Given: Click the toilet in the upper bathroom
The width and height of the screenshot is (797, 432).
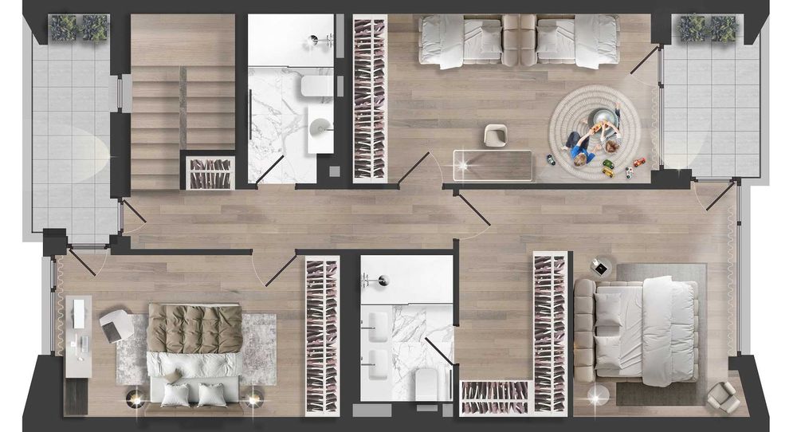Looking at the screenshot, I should tap(315, 85).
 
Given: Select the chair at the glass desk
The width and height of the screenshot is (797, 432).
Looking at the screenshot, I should tap(495, 135).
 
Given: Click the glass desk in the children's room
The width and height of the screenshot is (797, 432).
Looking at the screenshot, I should tap(493, 164).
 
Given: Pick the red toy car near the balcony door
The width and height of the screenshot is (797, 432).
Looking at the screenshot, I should tap(639, 163).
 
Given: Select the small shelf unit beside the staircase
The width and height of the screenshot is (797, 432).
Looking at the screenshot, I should tap(209, 172).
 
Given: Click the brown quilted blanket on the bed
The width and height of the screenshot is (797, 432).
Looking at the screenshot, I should tap(194, 328).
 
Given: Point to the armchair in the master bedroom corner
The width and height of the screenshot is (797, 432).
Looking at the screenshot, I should tap(724, 396).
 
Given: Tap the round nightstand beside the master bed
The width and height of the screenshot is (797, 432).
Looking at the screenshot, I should tap(600, 266).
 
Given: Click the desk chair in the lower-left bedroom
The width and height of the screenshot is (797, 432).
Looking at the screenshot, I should tap(116, 324).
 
